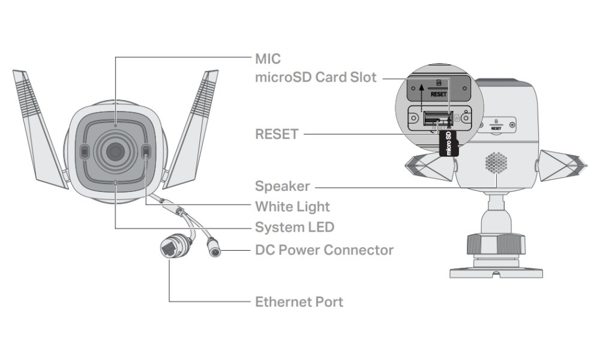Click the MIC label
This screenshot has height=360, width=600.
(268, 59)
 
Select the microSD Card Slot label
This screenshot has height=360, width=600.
(316, 77)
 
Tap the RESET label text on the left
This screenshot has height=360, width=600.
(277, 134)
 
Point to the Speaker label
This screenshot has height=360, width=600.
(283, 186)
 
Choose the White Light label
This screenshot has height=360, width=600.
(292, 206)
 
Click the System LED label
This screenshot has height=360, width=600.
(295, 227)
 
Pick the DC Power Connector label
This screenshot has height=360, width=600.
(324, 250)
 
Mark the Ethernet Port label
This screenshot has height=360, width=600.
(299, 301)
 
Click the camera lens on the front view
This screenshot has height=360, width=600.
(115, 152)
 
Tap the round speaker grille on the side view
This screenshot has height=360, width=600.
(496, 162)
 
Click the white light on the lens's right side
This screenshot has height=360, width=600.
(147, 154)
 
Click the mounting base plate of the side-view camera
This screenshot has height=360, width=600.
(496, 271)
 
